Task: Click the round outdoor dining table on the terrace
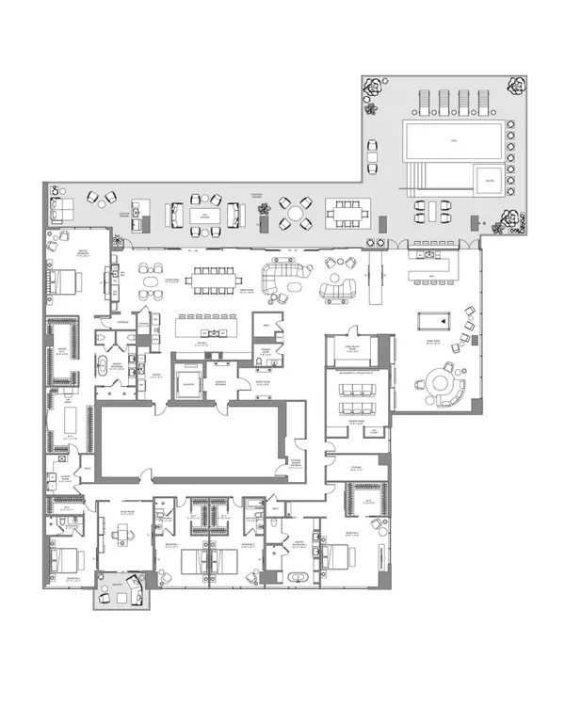click(296, 214)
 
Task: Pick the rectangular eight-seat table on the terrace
click(351, 214)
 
